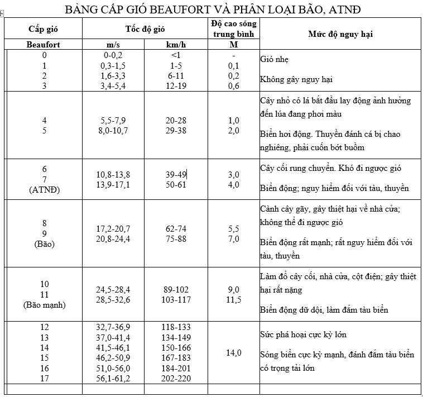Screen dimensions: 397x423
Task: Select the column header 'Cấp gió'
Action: point(44,29)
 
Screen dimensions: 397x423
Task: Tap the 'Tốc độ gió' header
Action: point(145,29)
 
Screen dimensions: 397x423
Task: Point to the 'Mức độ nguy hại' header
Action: point(340,34)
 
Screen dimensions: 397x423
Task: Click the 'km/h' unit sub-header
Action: point(176,44)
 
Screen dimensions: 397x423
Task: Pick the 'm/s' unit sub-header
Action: point(113,44)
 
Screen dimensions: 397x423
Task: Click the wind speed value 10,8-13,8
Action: point(113,175)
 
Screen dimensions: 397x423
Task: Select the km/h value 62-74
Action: point(176,229)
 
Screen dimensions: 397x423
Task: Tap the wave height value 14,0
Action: point(234,352)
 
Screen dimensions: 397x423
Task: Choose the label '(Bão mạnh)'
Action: point(45,305)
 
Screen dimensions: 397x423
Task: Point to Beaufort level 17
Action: point(45,378)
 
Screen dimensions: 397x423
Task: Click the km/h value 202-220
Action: point(176,378)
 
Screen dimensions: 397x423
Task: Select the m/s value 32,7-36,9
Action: point(113,327)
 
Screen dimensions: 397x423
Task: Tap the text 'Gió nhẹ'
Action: point(275,59)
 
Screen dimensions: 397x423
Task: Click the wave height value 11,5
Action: point(234,300)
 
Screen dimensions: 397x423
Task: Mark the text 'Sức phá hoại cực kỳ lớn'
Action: point(303,334)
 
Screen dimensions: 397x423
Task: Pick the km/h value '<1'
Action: point(176,55)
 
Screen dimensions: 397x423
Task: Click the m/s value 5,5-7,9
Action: point(113,121)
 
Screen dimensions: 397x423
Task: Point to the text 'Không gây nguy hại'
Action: point(296,79)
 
